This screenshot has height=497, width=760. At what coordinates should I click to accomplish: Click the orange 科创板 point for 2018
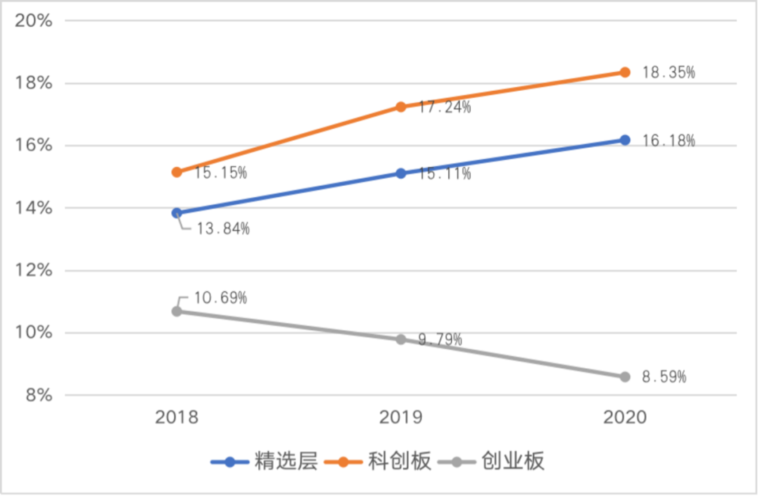pos(177,172)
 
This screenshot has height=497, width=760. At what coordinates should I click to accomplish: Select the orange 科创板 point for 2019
pos(401,107)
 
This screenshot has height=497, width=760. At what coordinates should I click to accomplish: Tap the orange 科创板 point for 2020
pos(625,72)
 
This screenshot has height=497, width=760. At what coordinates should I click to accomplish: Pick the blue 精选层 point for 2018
pos(177,213)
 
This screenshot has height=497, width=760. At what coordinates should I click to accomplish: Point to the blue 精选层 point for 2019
pos(401,173)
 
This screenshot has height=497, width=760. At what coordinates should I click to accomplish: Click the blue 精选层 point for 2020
pos(625,140)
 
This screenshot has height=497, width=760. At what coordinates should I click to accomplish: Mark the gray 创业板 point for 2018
pos(177,311)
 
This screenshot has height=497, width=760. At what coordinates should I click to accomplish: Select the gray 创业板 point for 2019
pos(401,339)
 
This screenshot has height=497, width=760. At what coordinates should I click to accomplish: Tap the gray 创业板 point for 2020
pos(625,377)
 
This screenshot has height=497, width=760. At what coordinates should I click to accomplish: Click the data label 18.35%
pos(669,73)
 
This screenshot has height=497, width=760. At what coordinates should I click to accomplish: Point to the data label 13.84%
pos(222,229)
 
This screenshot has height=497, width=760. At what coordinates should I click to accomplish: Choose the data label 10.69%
pos(220,298)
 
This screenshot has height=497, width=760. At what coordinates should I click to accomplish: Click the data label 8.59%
pos(664,377)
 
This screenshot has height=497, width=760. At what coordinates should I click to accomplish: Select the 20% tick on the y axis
pos(34,20)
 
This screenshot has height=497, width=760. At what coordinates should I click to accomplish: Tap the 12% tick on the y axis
pos(34,270)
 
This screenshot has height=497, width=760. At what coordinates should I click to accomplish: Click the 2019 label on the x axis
pos(401,417)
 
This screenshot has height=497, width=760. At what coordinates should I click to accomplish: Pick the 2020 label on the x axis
pos(625,417)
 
